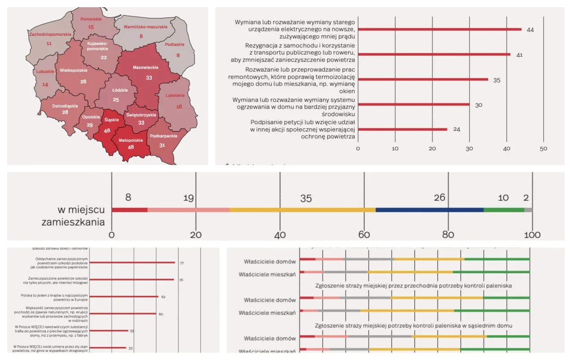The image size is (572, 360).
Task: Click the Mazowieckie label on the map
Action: click(x=145, y=68)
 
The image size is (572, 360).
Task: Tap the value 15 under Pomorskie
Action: click(x=91, y=27)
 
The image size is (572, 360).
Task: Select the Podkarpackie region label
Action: click(x=164, y=136)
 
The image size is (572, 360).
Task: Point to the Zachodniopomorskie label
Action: click(x=50, y=34)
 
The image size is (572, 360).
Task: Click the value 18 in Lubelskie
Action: click(x=179, y=107)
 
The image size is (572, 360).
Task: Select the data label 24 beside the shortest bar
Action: click(x=456, y=130)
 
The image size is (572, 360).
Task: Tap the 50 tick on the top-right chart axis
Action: click(x=543, y=148)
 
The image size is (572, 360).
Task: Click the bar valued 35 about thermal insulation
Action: click(x=423, y=80)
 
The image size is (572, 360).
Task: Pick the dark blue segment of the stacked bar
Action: click(x=429, y=210)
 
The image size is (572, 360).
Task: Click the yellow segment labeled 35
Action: click(x=303, y=210)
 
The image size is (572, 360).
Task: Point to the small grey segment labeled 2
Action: click(x=528, y=210)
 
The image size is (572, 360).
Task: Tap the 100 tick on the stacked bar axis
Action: click(x=532, y=235)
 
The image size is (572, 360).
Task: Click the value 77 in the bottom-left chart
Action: click(x=182, y=263)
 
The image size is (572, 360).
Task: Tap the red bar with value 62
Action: click(x=124, y=296)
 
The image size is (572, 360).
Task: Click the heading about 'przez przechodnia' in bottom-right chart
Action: click(x=413, y=285)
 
